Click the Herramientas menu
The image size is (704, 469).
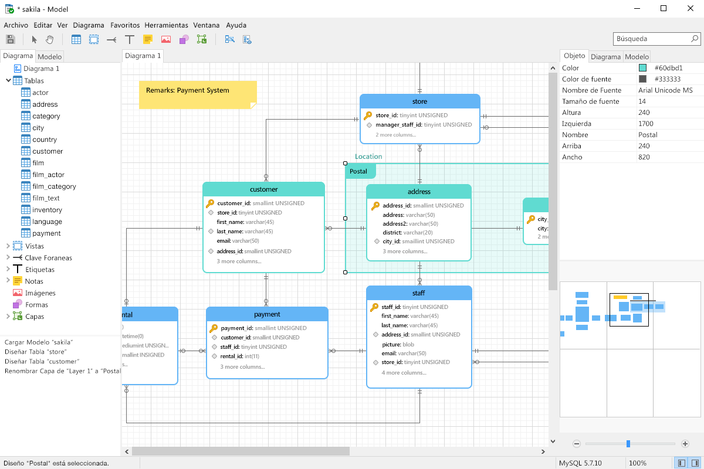[166, 25]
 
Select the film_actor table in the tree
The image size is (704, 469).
[48, 175]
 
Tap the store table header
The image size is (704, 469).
[419, 101]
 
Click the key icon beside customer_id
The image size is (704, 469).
[210, 203]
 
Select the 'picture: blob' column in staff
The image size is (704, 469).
[398, 344]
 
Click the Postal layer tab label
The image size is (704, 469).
[358, 171]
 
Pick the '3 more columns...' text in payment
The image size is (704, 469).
[242, 367]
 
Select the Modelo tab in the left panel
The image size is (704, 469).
[49, 57]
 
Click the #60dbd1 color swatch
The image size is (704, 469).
[642, 68]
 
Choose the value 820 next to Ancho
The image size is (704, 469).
[644, 157]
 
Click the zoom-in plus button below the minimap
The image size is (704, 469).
[685, 444]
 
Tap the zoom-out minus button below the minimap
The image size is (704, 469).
[577, 444]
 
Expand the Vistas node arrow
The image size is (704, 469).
[8, 246]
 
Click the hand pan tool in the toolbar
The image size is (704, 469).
[50, 39]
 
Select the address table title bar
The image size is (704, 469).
[419, 192]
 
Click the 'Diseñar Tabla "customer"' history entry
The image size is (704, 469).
[42, 362]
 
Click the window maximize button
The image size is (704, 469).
[663, 8]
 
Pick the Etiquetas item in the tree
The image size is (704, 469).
[39, 270]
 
